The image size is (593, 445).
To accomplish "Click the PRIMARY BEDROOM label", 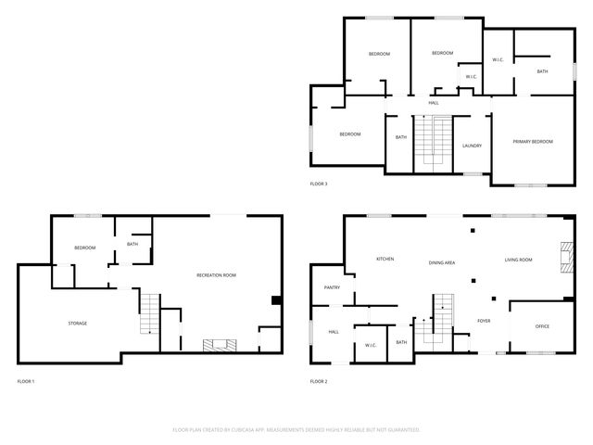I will tap(533, 141).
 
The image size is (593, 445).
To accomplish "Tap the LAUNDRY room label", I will tap(472, 146).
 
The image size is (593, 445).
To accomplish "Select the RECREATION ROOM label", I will tap(216, 275).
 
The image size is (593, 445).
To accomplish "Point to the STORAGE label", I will tap(77, 323).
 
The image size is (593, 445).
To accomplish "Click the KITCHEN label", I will tap(385, 259).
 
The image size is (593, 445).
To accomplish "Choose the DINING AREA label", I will tap(441, 262).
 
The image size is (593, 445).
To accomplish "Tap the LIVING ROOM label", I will tap(518, 260).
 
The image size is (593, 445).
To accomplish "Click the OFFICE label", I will tap(543, 326).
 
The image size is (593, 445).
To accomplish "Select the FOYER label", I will tap(484, 321).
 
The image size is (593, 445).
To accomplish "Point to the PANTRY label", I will tap(332, 287).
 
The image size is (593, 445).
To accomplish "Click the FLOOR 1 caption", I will tap(26, 381).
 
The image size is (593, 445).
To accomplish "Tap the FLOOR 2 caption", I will tap(318, 381).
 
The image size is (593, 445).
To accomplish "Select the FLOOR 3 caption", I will tap(318, 184).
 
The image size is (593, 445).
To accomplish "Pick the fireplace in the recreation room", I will tap(220, 346).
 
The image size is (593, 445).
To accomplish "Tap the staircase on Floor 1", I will tap(149, 313).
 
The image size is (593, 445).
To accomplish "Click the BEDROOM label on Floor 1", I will tap(85, 248).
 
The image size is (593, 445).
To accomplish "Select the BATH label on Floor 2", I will tap(401, 342).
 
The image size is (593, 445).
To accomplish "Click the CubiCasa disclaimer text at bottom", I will tap(296, 429).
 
